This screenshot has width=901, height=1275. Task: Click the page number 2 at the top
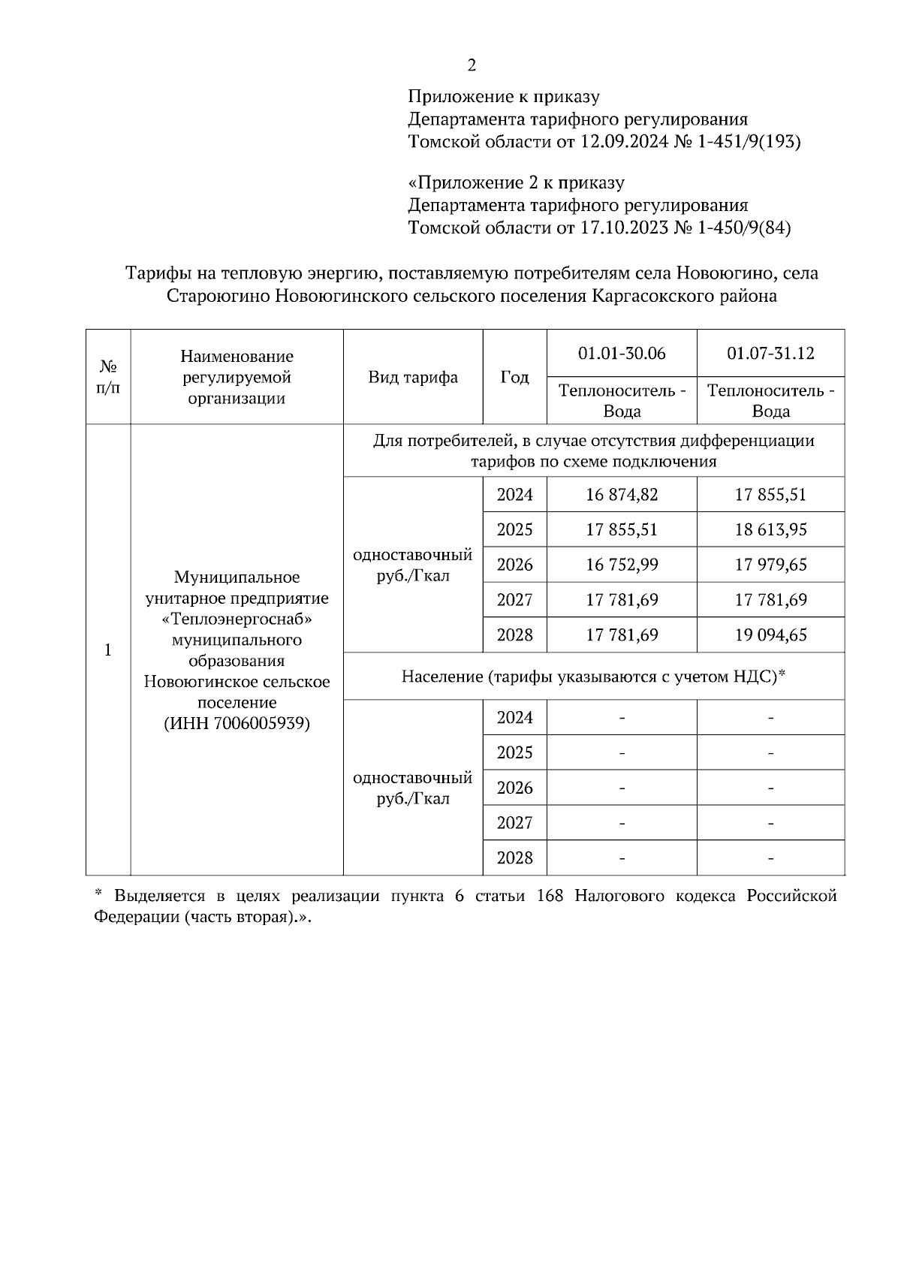472,66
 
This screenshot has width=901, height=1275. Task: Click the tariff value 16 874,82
622,495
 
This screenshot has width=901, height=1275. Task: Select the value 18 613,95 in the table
770,530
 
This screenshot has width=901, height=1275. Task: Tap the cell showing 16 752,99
622,565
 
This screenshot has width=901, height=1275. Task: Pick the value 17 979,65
770,565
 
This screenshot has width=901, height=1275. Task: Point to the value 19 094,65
770,635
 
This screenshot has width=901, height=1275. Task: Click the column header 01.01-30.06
622,354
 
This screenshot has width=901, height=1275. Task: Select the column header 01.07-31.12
770,354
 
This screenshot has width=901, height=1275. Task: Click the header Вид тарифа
413,377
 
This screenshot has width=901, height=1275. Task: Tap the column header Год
514,377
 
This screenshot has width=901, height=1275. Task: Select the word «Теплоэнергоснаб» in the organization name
237,619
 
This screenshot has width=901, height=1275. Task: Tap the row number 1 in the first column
108,650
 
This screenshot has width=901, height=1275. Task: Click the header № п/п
108,377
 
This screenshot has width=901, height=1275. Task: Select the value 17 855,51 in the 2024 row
770,495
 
